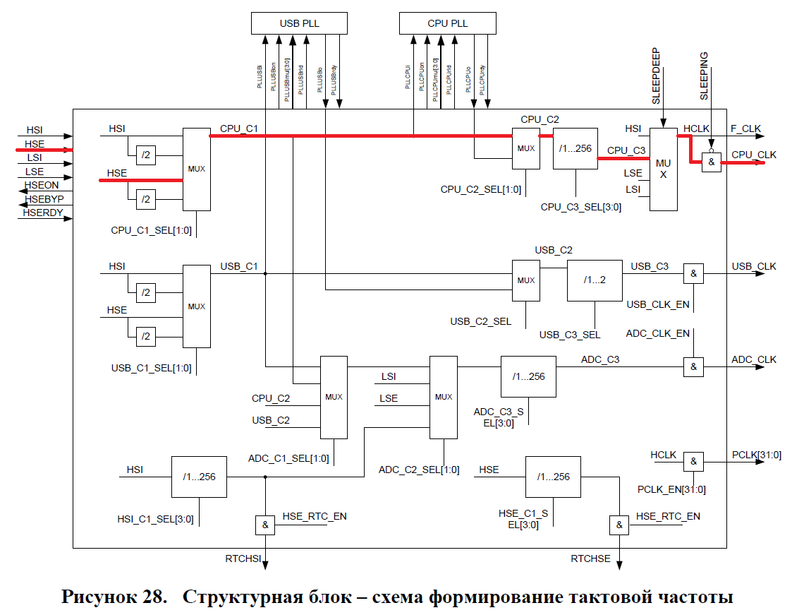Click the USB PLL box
(299, 23)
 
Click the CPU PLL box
(447, 23)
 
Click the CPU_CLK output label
(753, 155)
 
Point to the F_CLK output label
(746, 129)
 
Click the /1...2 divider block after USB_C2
(595, 280)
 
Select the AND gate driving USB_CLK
(693, 274)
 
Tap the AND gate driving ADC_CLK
(693, 366)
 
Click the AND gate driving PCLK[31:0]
(693, 462)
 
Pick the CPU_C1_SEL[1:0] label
(151, 230)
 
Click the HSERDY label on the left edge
(43, 213)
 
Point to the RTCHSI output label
(243, 559)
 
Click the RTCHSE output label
(590, 559)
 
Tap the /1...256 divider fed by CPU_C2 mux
(575, 148)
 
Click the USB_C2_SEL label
(481, 321)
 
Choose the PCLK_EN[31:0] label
(671, 489)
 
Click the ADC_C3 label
(600, 359)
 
